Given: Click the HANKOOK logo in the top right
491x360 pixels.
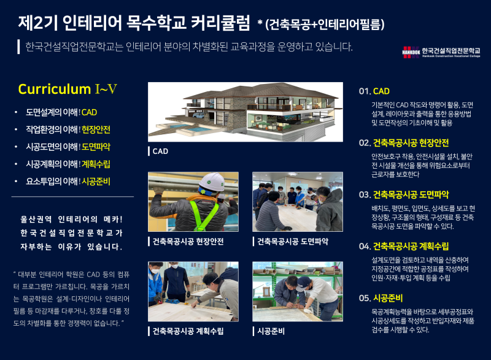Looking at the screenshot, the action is coord(411,52).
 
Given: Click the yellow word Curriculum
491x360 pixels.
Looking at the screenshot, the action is coord(55,89).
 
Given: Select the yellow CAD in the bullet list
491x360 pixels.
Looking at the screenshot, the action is coord(89,112).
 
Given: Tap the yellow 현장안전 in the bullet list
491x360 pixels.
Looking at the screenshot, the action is coord(96,129).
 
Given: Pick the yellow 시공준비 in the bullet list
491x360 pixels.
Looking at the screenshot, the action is coord(96,182).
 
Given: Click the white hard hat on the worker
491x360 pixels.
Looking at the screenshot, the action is coord(212,182).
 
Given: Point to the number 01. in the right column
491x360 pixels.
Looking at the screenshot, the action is coord(365,91).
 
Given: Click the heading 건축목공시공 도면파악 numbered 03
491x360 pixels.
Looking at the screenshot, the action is coord(411,195).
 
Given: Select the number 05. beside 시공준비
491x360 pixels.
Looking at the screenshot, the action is coord(365,298).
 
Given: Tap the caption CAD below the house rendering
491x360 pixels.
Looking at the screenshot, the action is coord(160,151).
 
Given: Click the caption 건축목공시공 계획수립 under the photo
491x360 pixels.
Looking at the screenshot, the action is coord(188,331).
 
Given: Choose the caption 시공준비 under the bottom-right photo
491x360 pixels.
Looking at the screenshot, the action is coord(271,331).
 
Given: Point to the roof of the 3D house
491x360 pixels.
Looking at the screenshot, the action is coord(260,91).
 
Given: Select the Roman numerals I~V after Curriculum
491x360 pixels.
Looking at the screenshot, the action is coord(106,89).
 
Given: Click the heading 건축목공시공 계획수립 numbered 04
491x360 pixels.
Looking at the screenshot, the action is coord(411,247).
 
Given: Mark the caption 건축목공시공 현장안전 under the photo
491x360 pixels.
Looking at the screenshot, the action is coord(188,242).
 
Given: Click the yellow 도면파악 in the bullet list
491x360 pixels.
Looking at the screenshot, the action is coord(96,147).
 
